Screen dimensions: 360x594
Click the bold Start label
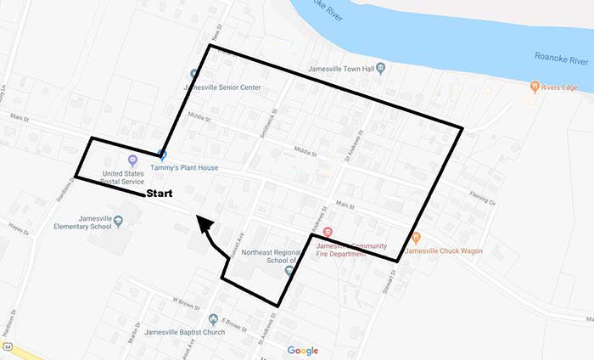tap(160, 194)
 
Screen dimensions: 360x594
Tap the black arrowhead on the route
tap(204, 224)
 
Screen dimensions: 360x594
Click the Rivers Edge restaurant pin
tap(534, 86)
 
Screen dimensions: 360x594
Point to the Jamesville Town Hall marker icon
tap(380, 68)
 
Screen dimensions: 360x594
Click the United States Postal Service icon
tap(132, 160)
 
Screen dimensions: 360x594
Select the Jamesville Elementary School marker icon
tap(117, 221)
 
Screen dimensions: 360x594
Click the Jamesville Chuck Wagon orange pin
tap(415, 239)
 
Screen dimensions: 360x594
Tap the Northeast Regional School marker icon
tap(289, 270)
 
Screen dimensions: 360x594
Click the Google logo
tap(302, 351)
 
